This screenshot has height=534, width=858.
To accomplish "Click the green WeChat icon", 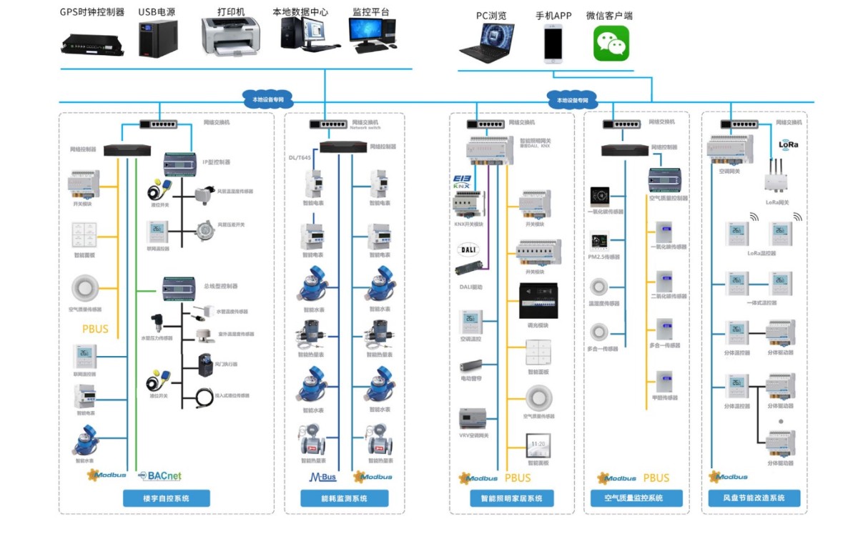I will coord(611,44).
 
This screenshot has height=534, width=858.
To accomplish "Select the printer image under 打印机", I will coord(230,36).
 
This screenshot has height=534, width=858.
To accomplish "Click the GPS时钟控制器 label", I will coord(92,12).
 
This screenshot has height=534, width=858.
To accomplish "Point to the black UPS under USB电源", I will coord(158,38).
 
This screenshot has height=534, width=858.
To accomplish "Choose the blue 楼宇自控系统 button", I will coord(167,498).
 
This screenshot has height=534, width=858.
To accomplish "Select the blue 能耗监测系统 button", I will coord(345,498).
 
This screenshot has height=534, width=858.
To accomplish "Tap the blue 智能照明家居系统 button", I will coord(512,498).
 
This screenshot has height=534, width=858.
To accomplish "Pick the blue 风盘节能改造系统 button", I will coord(755,498).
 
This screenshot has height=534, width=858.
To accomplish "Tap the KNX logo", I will coord(461,182).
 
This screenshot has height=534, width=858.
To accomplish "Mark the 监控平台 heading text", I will coord(371,12).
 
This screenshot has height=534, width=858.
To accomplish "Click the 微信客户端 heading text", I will coord(608,16).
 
